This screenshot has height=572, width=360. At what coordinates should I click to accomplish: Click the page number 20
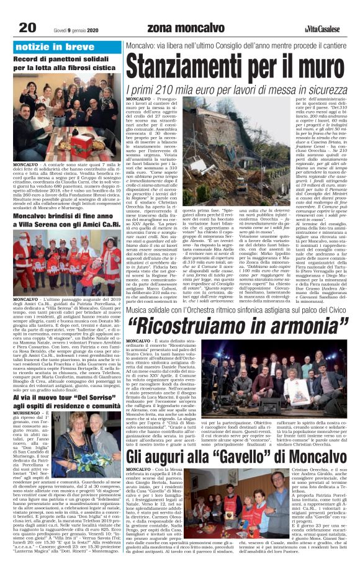pyautogui.click(x=27, y=27)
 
